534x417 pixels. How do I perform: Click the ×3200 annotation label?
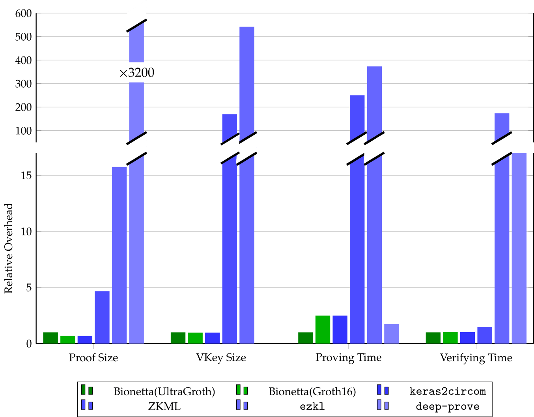(x=136, y=73)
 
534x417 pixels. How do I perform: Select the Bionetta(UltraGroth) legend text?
(x=164, y=391)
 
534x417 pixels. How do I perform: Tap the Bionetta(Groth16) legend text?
(x=312, y=391)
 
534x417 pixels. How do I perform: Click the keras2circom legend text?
(x=447, y=391)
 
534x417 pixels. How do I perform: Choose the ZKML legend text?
(x=164, y=406)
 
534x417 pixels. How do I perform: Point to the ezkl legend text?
(x=312, y=406)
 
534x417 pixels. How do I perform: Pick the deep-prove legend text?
(x=447, y=406)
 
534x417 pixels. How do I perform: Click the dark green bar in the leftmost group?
(x=50, y=338)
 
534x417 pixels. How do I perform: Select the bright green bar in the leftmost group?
(x=68, y=340)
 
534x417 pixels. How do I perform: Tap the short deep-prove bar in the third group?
(x=391, y=334)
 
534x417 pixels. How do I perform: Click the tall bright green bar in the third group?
(x=323, y=329)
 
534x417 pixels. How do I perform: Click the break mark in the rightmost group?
(x=502, y=149)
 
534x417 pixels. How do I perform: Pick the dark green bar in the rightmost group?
(x=433, y=338)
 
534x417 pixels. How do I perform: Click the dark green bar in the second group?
(x=178, y=338)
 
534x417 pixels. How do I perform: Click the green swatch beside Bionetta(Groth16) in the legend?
(x=242, y=390)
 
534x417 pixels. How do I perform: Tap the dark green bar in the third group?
(x=306, y=338)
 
